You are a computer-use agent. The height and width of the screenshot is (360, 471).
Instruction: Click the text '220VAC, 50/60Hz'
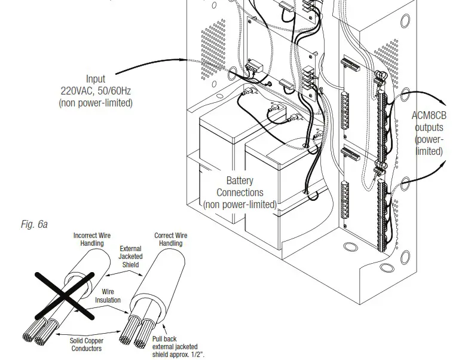(x=96, y=91)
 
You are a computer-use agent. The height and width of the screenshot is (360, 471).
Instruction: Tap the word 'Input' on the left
(x=96, y=79)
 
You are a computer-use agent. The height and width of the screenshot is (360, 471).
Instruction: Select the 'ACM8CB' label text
(x=429, y=116)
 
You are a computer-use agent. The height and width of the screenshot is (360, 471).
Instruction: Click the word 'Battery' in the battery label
(x=240, y=181)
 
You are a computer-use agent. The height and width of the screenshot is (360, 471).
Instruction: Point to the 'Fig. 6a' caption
(x=33, y=224)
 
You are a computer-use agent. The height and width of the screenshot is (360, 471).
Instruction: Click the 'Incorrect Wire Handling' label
(x=92, y=240)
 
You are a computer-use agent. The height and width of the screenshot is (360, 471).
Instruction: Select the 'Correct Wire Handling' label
(x=171, y=240)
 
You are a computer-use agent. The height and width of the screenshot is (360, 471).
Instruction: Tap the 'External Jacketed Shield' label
(x=130, y=256)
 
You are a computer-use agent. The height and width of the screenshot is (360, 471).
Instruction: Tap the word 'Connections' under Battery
(x=240, y=193)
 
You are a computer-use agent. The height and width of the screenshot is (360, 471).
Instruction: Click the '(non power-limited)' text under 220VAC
(x=96, y=103)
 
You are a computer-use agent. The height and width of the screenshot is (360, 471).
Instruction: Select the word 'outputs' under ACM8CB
(x=429, y=128)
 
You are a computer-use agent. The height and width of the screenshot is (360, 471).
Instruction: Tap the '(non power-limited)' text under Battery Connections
(x=240, y=205)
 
